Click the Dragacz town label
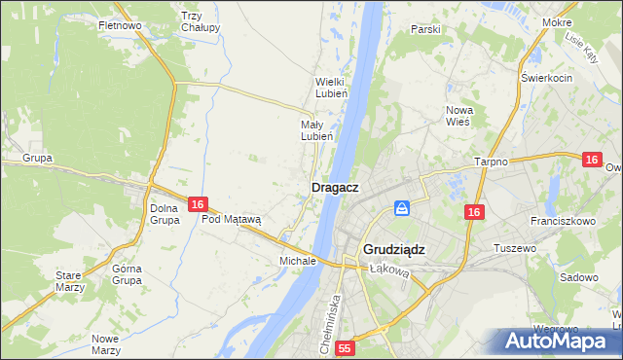click(335, 187)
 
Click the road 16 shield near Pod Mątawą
click(198, 204)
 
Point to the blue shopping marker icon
click(401, 208)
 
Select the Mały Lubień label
click(317, 130)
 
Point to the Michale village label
click(298, 261)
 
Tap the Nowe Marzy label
click(105, 344)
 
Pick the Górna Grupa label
click(128, 274)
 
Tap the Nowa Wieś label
click(458, 116)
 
